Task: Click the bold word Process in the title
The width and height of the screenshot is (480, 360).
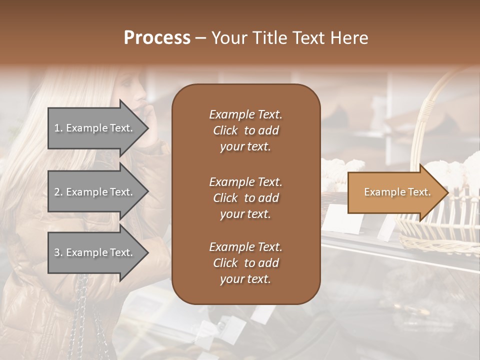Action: (x=157, y=37)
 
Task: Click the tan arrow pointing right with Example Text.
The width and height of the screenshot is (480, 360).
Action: (x=395, y=192)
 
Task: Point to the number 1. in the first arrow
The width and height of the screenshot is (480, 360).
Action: (x=58, y=128)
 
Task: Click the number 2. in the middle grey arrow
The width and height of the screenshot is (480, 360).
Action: (x=58, y=192)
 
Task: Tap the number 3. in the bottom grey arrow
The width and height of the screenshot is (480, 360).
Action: (x=58, y=252)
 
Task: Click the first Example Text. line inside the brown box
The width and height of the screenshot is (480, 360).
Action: (x=245, y=114)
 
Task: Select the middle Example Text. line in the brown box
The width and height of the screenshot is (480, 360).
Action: (x=245, y=182)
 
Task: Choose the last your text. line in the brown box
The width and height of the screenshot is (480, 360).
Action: (x=245, y=279)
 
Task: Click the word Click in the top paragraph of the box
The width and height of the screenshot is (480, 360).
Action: (x=225, y=130)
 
